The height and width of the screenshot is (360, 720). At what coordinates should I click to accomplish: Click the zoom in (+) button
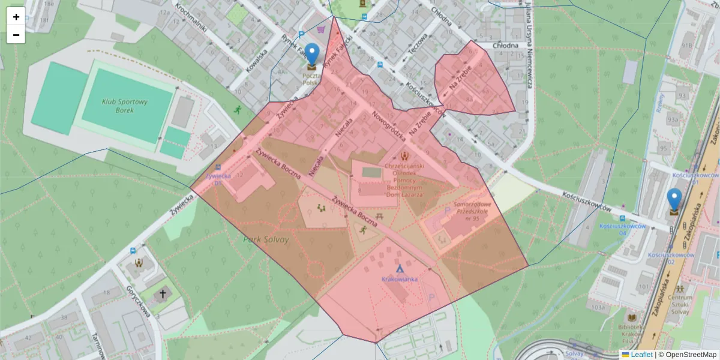pyautogui.click(x=16, y=17)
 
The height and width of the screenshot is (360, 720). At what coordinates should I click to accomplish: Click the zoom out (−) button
pyautogui.click(x=16, y=35)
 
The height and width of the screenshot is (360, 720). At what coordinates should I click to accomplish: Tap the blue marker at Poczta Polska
pyautogui.click(x=311, y=53)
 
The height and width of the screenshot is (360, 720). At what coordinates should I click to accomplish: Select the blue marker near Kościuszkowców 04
pyautogui.click(x=674, y=199)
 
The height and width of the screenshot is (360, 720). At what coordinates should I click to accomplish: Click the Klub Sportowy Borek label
pyautogui.click(x=124, y=106)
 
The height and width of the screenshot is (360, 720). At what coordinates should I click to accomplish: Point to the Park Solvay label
pyautogui.click(x=266, y=239)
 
